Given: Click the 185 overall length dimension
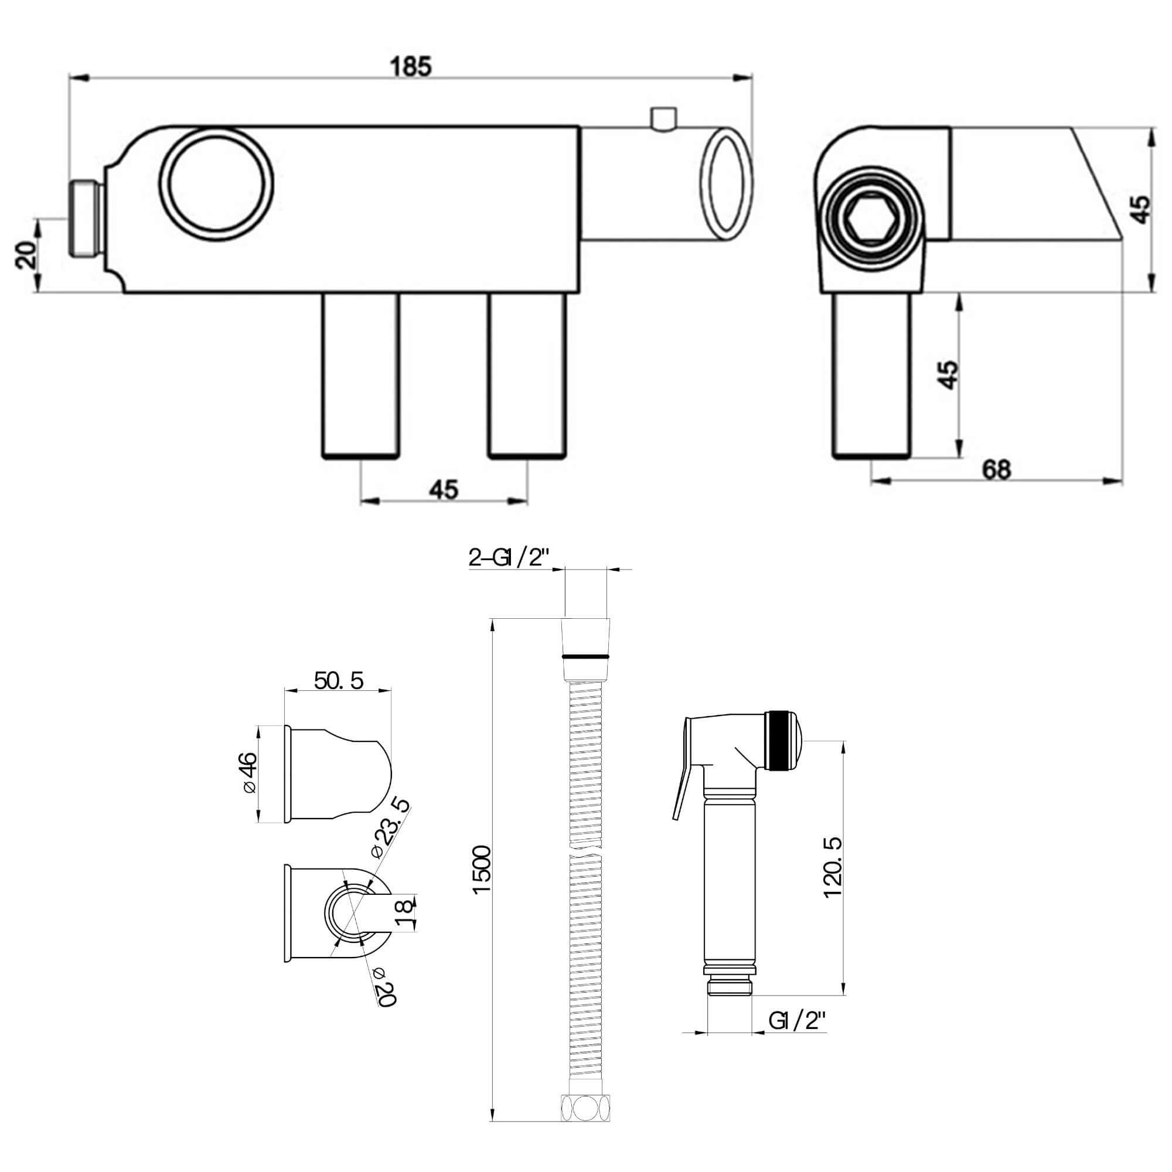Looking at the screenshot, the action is tap(411, 66).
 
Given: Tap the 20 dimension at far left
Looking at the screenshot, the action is tap(25, 254).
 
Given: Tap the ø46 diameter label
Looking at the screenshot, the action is tap(248, 772).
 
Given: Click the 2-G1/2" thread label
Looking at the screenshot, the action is tap(508, 557).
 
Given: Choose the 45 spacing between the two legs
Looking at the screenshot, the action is tap(444, 489).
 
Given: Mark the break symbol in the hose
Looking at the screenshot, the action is tap(587, 851).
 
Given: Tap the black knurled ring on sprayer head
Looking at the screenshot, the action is tap(779, 741).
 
